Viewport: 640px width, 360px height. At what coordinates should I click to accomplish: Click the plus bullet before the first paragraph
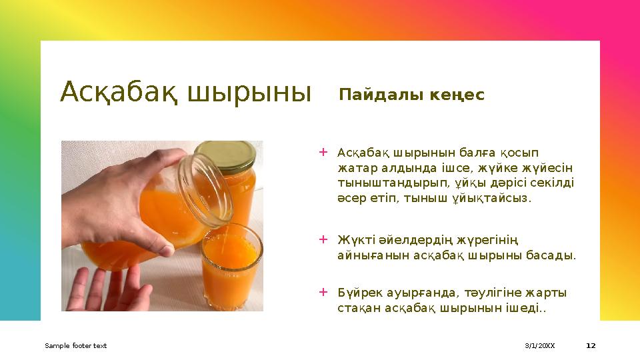pyautogui.click(x=323, y=152)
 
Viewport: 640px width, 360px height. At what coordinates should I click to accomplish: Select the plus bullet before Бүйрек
pyautogui.click(x=323, y=292)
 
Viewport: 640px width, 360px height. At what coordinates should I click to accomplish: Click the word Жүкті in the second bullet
pyautogui.click(x=356, y=239)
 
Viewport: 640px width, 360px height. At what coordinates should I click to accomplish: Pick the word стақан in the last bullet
pyautogui.click(x=359, y=308)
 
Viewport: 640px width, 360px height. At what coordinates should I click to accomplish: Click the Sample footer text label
pyautogui.click(x=75, y=345)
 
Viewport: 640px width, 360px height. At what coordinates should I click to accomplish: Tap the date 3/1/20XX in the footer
pyautogui.click(x=539, y=345)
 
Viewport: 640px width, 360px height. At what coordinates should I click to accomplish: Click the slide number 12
pyautogui.click(x=591, y=345)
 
